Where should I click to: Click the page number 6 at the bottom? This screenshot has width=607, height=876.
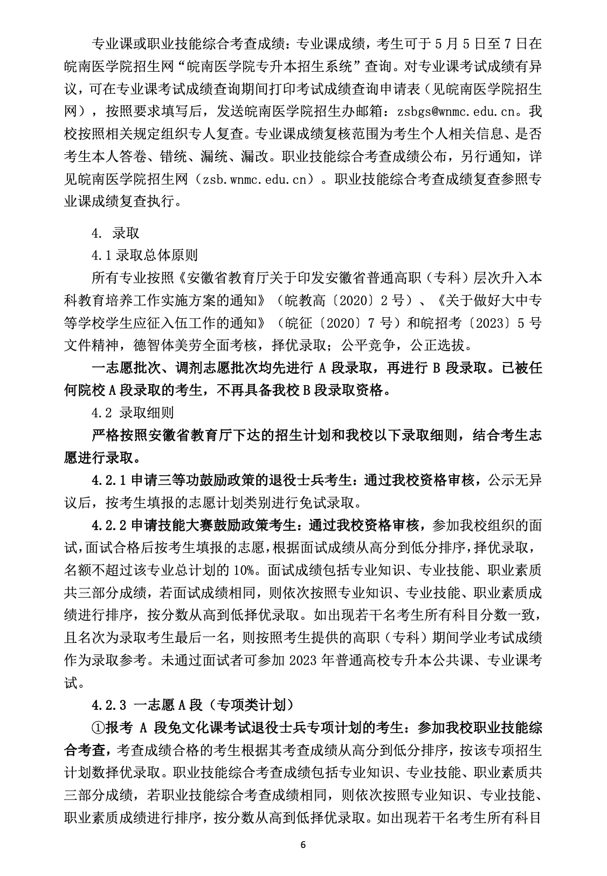(303, 845)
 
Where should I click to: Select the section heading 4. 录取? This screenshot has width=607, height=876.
(115, 233)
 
